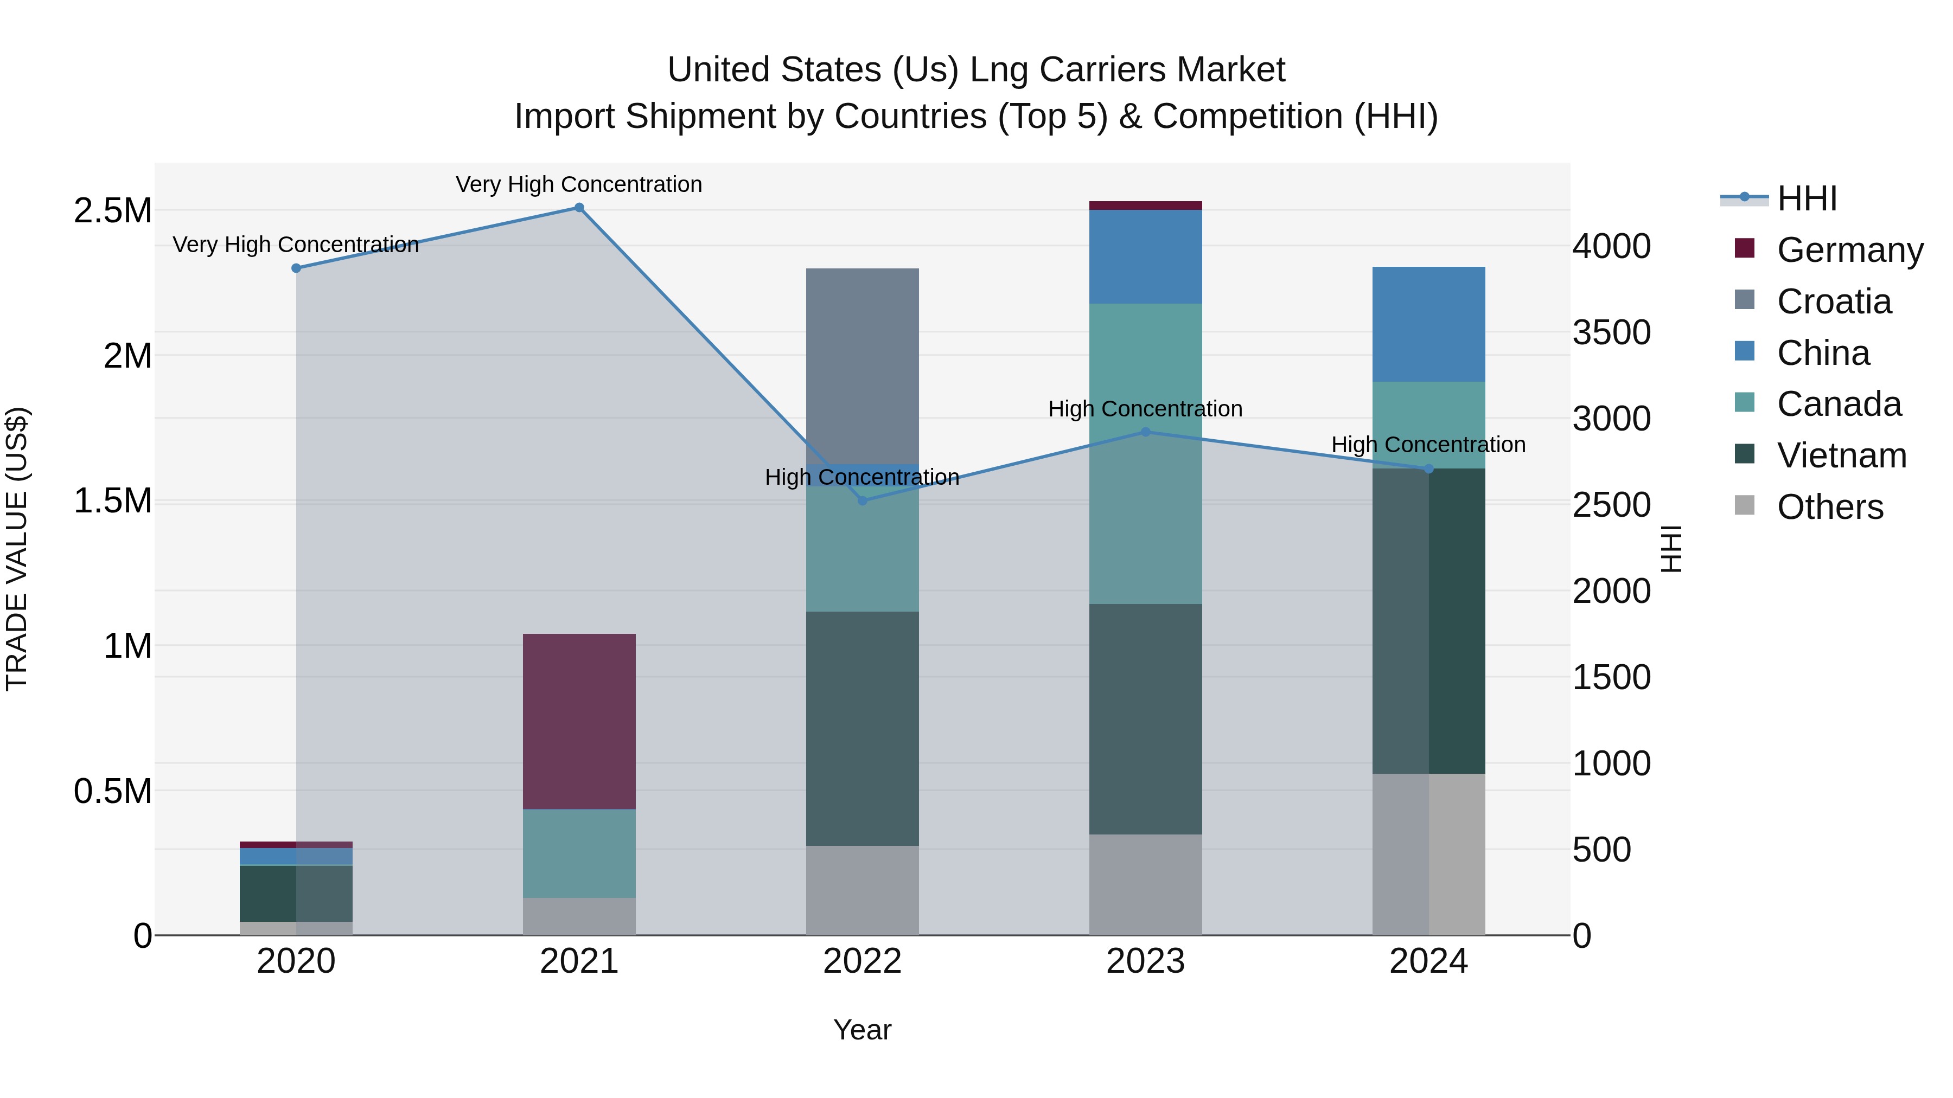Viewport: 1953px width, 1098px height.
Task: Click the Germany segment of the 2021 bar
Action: pos(579,721)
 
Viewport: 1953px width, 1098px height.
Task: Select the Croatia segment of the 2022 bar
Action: pos(862,365)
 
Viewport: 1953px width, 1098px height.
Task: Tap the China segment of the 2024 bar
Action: pos(1428,324)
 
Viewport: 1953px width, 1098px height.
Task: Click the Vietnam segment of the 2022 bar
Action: pos(862,728)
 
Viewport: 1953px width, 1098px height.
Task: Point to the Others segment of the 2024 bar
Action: pos(1428,854)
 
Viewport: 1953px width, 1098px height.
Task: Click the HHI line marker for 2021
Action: pos(579,208)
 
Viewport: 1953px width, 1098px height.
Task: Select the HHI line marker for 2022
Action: pos(862,500)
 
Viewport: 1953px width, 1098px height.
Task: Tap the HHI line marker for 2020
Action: pos(296,268)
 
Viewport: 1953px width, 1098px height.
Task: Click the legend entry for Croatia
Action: pos(1833,301)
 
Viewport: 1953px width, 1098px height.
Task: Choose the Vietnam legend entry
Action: pos(1841,455)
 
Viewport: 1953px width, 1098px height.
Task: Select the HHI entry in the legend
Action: pos(1806,198)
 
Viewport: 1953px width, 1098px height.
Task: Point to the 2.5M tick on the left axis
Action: pos(113,211)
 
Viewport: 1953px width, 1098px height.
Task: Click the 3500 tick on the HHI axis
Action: pos(1611,333)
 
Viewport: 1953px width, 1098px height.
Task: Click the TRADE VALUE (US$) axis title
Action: pos(17,549)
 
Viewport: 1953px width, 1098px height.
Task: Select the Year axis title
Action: pos(862,1030)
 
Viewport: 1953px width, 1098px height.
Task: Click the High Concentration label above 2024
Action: pos(1428,445)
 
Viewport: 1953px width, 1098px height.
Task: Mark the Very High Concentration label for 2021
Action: pos(579,184)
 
